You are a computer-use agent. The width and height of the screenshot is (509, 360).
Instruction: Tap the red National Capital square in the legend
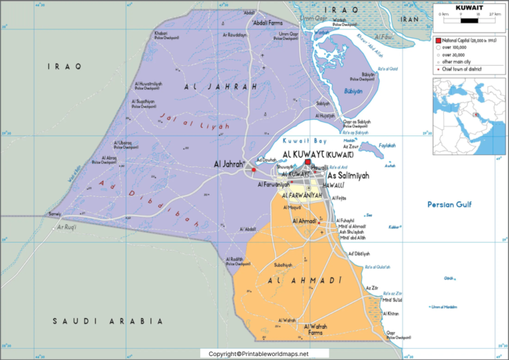point(438,41)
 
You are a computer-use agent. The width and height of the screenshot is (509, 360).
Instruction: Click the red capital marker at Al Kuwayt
point(308,161)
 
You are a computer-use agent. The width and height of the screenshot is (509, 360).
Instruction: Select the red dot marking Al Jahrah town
point(254,170)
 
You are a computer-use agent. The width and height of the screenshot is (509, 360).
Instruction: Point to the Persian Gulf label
point(449,205)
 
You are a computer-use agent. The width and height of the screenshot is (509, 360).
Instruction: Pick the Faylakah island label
point(386,145)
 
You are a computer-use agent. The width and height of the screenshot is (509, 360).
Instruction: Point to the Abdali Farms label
point(268,22)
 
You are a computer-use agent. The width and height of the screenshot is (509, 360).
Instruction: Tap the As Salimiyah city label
point(349,175)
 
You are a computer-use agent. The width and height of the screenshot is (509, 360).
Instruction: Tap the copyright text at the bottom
point(259,354)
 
